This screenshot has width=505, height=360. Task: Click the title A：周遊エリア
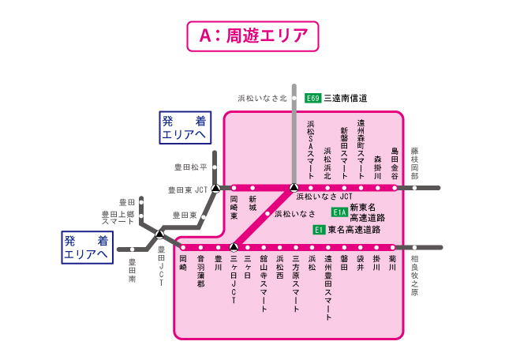point(252,36)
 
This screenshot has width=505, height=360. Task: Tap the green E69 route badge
point(313,99)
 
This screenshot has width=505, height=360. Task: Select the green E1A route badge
point(339,212)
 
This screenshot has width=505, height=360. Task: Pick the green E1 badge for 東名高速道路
point(319,230)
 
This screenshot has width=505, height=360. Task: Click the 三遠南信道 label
point(346,99)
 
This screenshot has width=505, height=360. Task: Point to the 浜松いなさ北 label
point(263,99)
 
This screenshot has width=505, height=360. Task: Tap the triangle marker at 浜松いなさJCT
point(294,188)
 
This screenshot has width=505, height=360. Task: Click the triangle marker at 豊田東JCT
point(215,188)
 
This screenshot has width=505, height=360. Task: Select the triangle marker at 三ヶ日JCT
point(234,247)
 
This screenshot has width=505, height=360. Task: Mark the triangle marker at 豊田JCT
point(159,234)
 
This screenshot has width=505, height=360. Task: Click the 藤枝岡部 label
point(414,163)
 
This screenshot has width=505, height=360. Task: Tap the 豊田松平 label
point(190,167)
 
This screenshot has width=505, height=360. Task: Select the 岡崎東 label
point(234,206)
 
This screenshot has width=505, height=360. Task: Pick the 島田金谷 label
point(395,163)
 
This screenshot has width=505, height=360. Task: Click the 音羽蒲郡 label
point(200,272)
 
